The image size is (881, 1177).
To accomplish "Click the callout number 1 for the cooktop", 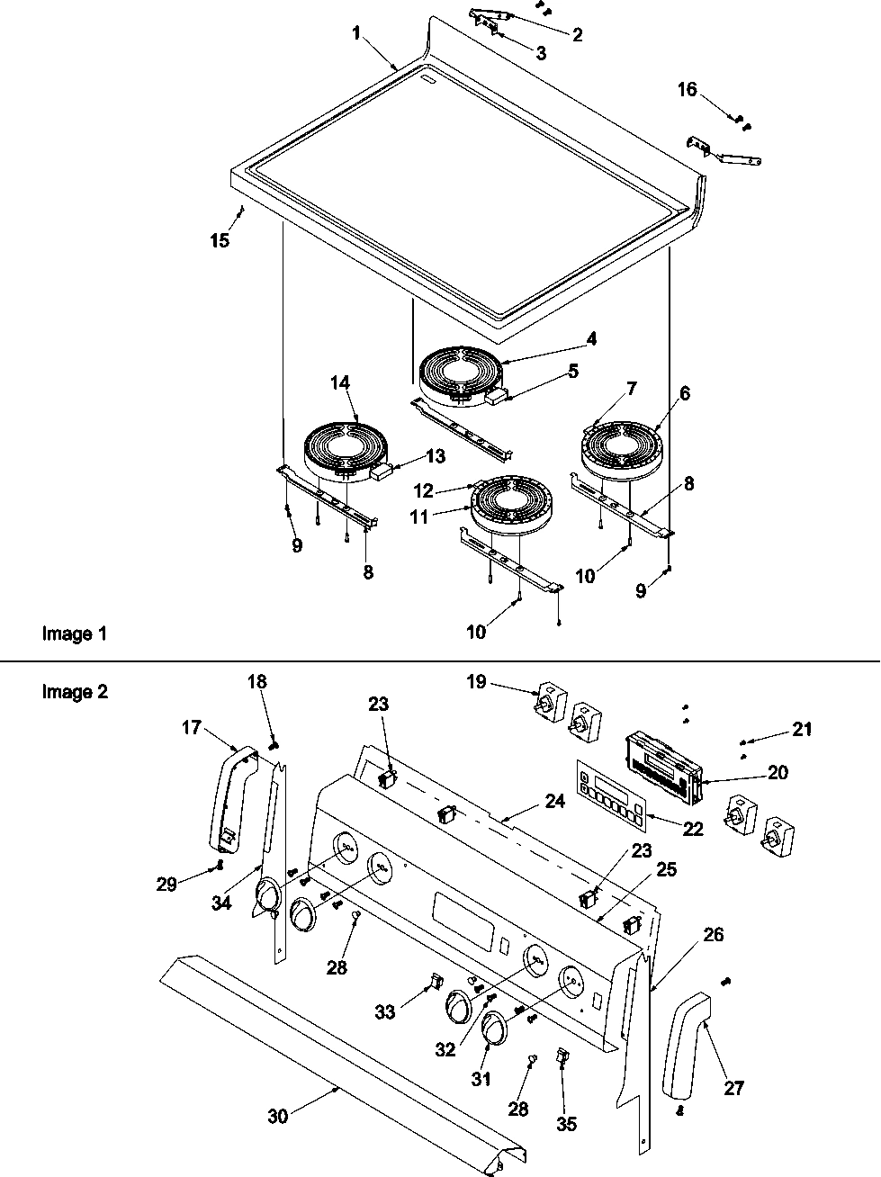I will click(356, 33).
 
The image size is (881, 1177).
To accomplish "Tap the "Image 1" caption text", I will click(74, 633).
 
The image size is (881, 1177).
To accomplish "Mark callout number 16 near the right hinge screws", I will click(687, 89).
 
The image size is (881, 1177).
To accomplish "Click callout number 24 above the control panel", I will click(555, 801).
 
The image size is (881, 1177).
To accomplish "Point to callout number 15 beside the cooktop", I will click(220, 240).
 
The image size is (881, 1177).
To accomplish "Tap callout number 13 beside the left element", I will click(435, 456).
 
